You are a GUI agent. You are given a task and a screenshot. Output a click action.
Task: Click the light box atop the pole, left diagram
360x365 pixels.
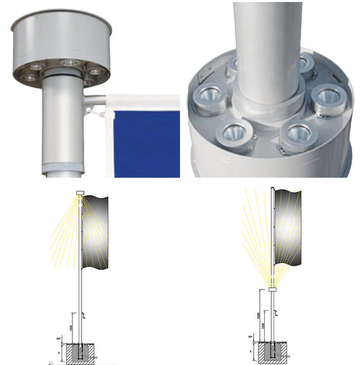[79, 192]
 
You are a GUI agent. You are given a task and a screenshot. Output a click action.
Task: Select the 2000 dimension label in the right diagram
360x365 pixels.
[257, 316]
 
